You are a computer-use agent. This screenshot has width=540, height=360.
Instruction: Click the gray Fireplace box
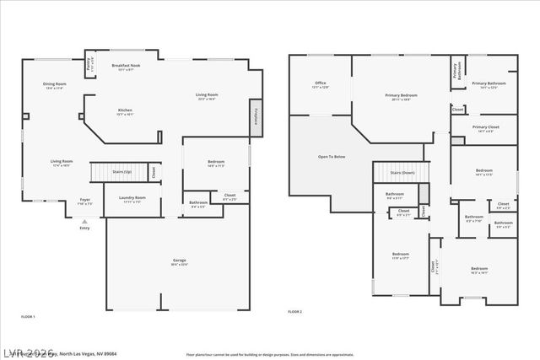(256, 117)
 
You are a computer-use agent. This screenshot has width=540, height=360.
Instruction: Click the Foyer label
(85, 201)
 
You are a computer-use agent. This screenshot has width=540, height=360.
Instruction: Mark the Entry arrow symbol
(84, 221)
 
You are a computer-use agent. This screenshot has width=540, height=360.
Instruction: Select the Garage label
(179, 262)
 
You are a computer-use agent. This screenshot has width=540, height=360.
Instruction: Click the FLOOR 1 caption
(28, 316)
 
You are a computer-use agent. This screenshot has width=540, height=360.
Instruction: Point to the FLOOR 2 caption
(294, 312)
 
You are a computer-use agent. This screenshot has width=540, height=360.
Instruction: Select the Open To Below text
(331, 157)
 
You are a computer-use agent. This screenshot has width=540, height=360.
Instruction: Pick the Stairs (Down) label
(402, 172)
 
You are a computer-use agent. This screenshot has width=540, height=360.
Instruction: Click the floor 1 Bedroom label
(215, 164)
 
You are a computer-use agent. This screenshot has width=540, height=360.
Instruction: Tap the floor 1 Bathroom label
(198, 203)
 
